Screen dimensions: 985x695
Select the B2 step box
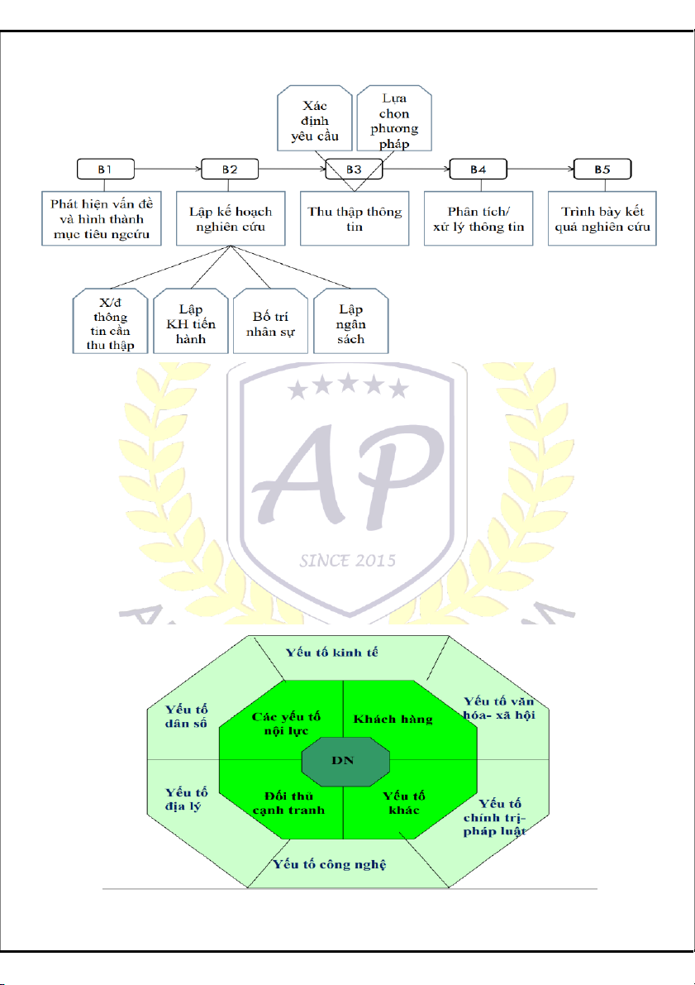[230, 170]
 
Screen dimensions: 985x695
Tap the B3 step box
[354, 170]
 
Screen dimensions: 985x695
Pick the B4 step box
[478, 170]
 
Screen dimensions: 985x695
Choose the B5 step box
[602, 170]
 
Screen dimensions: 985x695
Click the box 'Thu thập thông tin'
[354, 218]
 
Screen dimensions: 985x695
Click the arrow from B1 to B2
[169, 170]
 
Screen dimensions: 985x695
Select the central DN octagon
[343, 761]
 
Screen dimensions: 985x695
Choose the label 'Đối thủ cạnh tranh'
[288, 802]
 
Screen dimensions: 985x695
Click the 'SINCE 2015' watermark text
[347, 560]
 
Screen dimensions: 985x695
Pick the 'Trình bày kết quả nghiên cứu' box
[602, 218]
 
